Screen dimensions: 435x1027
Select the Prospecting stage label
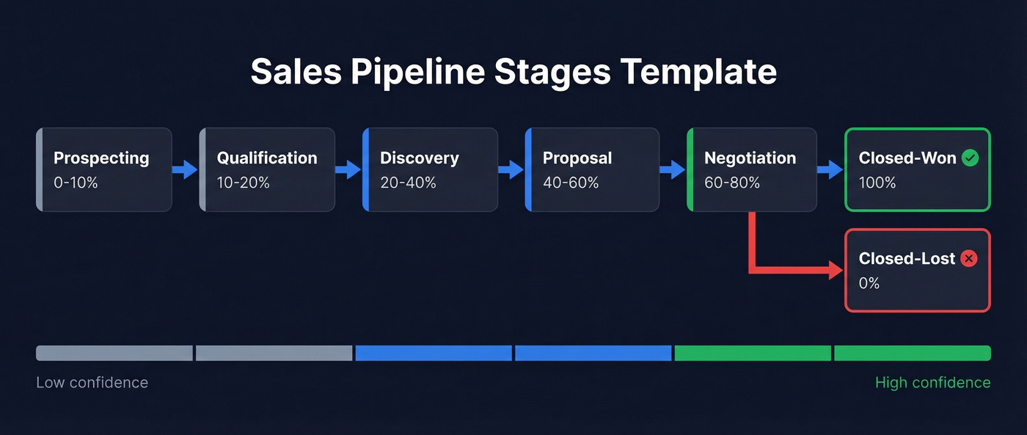pyautogui.click(x=101, y=158)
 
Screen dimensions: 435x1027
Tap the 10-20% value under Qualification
pyautogui.click(x=243, y=183)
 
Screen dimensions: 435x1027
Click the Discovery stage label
pyautogui.click(x=419, y=158)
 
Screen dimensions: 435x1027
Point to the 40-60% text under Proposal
pyautogui.click(x=571, y=183)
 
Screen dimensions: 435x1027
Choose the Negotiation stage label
pyautogui.click(x=750, y=158)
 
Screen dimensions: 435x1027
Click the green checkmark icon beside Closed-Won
pyautogui.click(x=970, y=158)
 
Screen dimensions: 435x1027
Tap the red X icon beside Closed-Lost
pyautogui.click(x=968, y=258)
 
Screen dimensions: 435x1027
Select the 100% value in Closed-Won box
pyautogui.click(x=877, y=183)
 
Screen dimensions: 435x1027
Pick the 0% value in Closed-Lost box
pyautogui.click(x=869, y=283)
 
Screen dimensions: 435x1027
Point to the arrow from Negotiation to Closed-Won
pyautogui.click(x=830, y=170)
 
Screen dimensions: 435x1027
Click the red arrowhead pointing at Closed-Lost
pyautogui.click(x=836, y=270)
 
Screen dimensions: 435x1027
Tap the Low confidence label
pyautogui.click(x=92, y=383)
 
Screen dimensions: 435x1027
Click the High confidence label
pyautogui.click(x=932, y=383)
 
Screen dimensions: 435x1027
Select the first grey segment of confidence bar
pyautogui.click(x=114, y=354)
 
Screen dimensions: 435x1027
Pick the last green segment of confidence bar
pyautogui.click(x=912, y=354)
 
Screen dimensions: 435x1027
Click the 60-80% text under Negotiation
pyautogui.click(x=732, y=183)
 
